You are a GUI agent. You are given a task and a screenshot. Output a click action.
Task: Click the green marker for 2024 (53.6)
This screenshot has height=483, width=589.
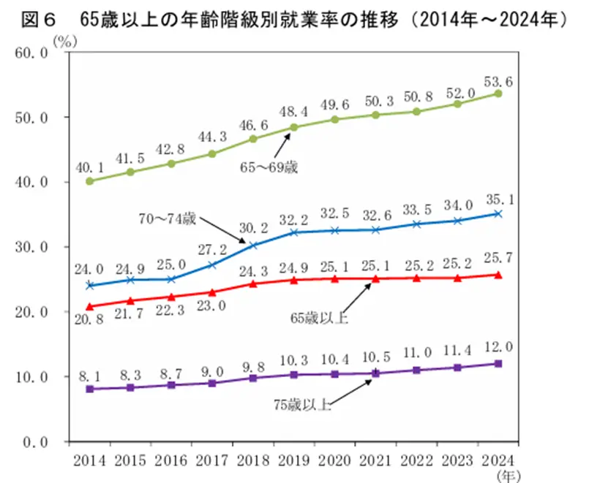tap(498, 94)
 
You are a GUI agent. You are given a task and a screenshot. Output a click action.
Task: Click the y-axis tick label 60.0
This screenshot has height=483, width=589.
tap(31, 53)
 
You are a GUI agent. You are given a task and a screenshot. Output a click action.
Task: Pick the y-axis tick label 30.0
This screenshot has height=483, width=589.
tap(31, 247)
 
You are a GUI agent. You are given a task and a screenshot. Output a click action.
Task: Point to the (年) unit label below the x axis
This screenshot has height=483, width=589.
tap(506, 476)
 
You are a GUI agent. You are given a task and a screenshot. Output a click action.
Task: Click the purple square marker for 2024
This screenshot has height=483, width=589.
tap(498, 364)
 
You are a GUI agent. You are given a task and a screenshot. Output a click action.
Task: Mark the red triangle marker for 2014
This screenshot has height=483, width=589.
tap(89, 306)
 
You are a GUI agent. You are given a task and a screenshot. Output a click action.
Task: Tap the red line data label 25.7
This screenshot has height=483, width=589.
tap(499, 259)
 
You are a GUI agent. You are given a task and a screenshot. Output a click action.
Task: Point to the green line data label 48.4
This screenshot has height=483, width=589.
tap(293, 110)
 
